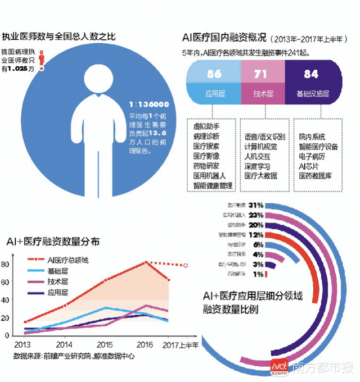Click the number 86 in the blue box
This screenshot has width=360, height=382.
tap(214, 74)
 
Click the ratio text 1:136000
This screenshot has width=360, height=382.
tap(149, 104)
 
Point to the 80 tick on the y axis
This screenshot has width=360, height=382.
tap(5, 264)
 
